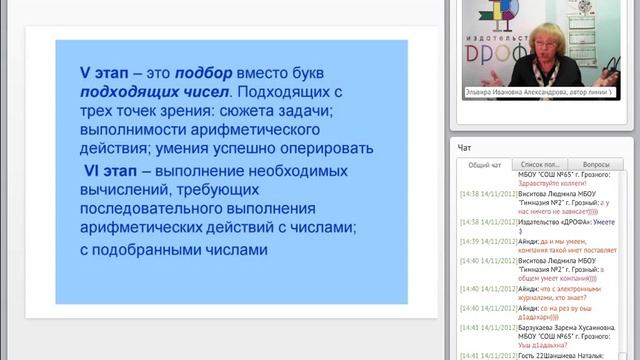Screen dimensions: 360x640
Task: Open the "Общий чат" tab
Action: pyautogui.click(x=484, y=164)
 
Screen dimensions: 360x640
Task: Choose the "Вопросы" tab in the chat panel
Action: pyautogui.click(x=596, y=164)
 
